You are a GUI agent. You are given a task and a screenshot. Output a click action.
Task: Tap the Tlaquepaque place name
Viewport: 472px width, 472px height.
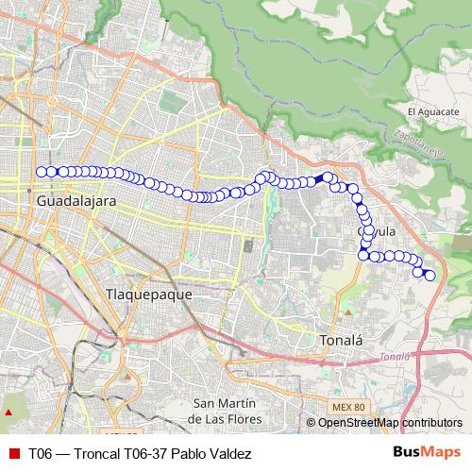(148, 294)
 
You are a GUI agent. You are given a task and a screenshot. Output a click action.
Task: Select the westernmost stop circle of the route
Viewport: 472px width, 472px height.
(41, 172)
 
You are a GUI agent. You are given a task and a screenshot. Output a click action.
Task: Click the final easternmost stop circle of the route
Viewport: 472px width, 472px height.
(430, 276)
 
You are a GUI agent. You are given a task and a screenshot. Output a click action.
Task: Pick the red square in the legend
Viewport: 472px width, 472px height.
(13, 453)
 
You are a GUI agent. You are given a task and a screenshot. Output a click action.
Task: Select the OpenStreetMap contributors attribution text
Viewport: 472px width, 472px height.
(389, 423)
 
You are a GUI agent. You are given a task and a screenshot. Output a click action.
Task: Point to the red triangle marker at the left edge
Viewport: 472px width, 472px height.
(8, 413)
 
